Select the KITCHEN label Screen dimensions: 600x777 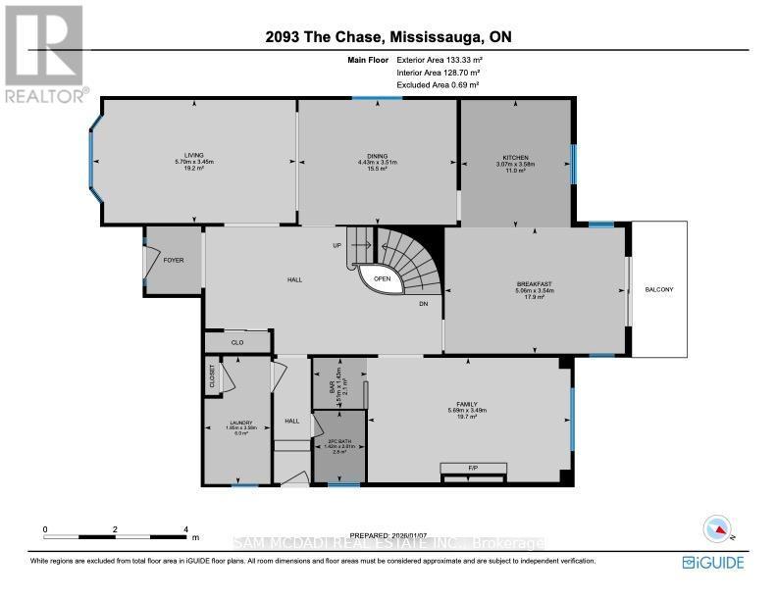516,158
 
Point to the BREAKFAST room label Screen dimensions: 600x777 534,284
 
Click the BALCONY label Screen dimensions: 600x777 659,290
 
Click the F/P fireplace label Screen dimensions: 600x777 472,467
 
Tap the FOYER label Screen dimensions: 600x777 174,261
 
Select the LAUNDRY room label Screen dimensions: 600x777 229,423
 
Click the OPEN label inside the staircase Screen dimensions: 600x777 383,277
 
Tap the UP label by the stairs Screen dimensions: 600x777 337,246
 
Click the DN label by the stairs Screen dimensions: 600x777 424,304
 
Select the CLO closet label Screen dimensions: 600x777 236,342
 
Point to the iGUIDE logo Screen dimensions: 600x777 712,562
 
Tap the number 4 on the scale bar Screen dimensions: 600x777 186,528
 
